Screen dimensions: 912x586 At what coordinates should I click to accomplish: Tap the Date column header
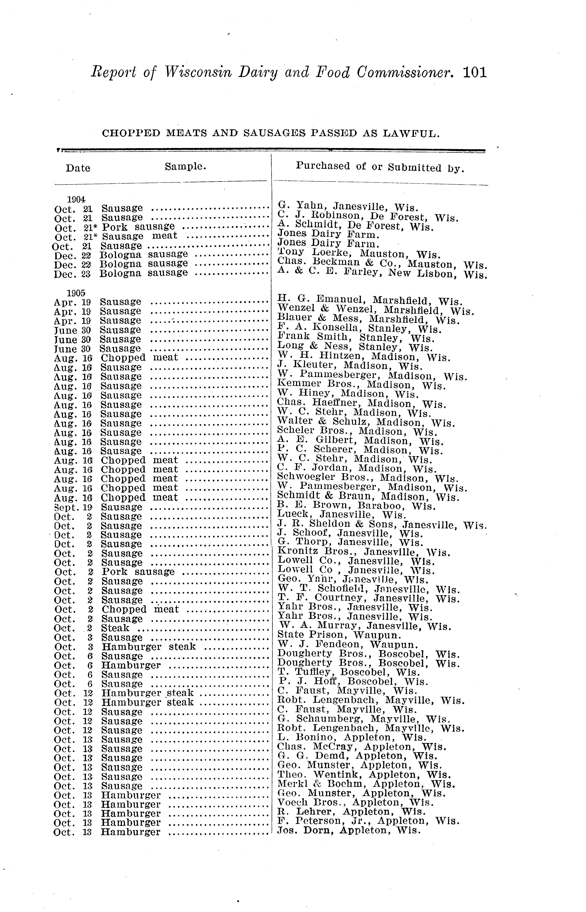[x=78, y=168]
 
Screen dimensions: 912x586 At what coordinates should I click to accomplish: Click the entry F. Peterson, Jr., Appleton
[x=368, y=821]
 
